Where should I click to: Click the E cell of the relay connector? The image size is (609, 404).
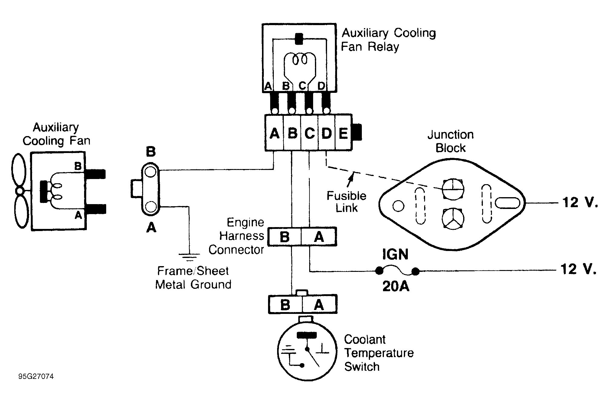pyautogui.click(x=344, y=132)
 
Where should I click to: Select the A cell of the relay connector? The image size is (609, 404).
pyautogui.click(x=274, y=132)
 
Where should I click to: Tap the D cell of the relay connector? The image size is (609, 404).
pyautogui.click(x=327, y=132)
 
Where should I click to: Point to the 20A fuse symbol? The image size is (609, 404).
pyautogui.click(x=397, y=271)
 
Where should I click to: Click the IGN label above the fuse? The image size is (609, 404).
pyautogui.click(x=395, y=254)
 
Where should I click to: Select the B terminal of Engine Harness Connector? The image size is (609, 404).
pyautogui.click(x=285, y=237)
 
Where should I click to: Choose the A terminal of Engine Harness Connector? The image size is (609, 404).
pyautogui.click(x=319, y=237)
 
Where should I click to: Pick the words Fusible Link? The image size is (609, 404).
pyautogui.click(x=346, y=202)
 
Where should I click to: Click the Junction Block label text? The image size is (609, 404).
pyautogui.click(x=450, y=141)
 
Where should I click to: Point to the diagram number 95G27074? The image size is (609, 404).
pyautogui.click(x=36, y=376)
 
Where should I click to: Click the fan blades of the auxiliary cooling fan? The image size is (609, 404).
pyautogui.click(x=20, y=191)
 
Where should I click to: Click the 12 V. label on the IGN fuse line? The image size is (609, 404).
pyautogui.click(x=579, y=269)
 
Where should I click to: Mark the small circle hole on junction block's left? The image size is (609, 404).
pyautogui.click(x=398, y=207)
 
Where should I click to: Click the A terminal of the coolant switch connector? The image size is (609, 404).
pyautogui.click(x=319, y=304)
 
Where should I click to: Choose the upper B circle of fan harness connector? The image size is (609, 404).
pyautogui.click(x=151, y=172)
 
